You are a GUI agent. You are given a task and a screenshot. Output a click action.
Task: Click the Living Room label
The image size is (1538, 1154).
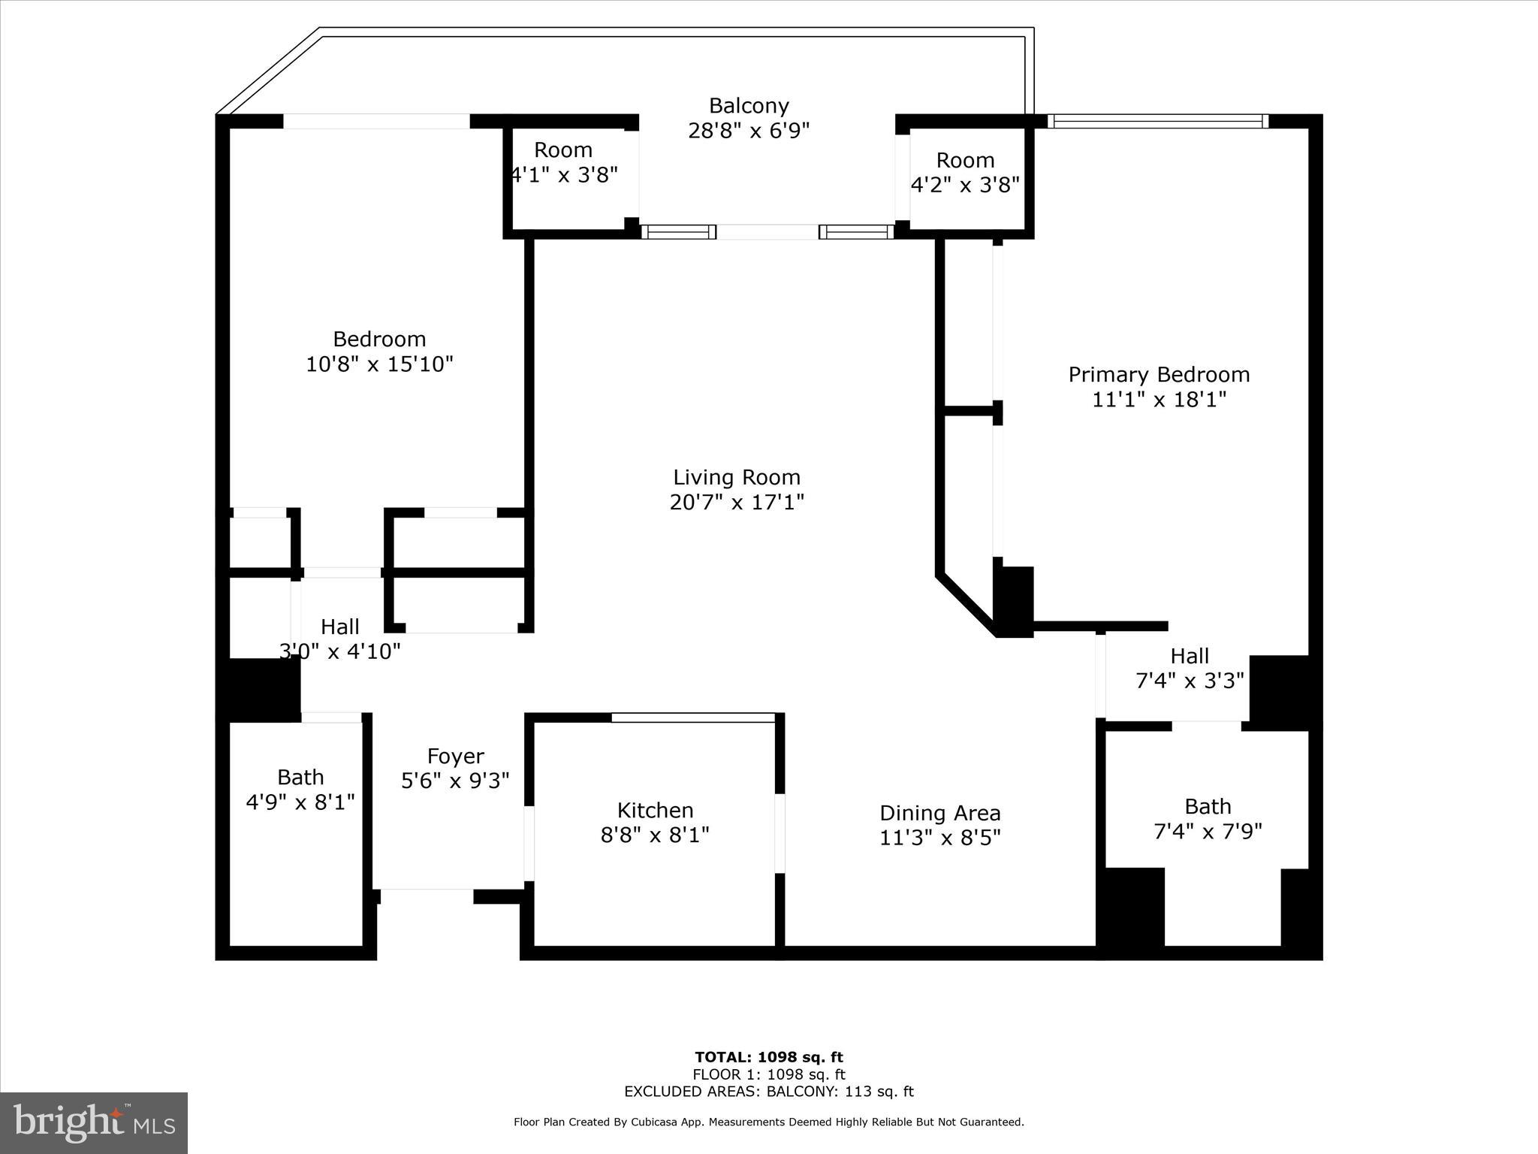click(736, 477)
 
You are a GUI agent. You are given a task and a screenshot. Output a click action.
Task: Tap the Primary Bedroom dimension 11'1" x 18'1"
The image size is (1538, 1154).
click(1159, 400)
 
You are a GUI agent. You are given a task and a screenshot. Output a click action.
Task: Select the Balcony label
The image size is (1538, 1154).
click(749, 105)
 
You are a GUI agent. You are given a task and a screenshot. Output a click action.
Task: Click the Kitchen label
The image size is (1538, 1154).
click(655, 810)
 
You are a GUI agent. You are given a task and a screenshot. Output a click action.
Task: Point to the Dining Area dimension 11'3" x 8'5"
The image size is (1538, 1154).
click(939, 838)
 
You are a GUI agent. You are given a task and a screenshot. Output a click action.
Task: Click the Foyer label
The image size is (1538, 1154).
click(455, 756)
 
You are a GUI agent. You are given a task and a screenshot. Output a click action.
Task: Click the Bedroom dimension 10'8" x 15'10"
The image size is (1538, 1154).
click(379, 364)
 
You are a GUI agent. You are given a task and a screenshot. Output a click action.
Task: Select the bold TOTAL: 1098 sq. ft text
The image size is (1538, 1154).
click(768, 1057)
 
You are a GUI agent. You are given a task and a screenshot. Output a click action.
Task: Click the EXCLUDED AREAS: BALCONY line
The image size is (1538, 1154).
click(768, 1092)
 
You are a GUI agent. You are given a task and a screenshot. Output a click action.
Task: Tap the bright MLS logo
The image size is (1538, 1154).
click(94, 1122)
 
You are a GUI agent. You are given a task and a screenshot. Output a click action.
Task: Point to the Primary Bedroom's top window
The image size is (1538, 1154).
click(1157, 121)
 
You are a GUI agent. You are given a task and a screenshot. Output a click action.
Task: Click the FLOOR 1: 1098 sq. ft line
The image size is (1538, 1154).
click(768, 1074)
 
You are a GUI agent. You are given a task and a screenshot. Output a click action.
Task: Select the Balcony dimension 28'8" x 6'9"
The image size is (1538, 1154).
click(749, 131)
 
